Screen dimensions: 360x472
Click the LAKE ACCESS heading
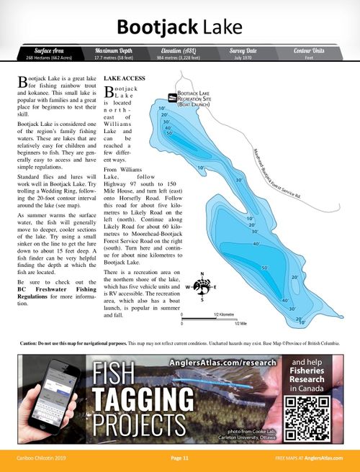click(x=125, y=77)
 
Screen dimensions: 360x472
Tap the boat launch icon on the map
click(x=172, y=97)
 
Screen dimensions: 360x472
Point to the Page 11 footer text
click(x=180, y=458)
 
